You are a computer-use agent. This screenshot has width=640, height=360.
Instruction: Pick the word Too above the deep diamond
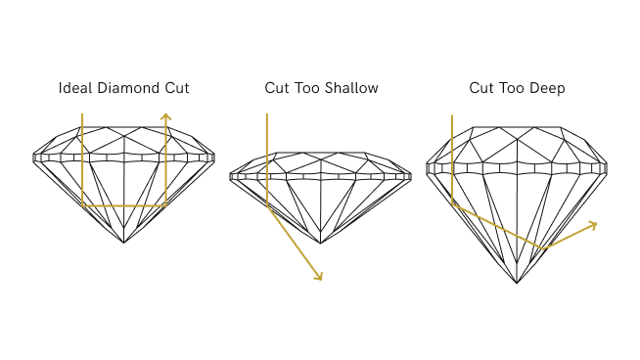[510, 89]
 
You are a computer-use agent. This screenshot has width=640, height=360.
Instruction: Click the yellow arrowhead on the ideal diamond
[166, 117]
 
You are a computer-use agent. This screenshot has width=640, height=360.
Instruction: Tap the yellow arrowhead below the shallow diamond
[317, 276]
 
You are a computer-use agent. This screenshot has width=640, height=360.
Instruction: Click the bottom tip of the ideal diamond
[125, 243]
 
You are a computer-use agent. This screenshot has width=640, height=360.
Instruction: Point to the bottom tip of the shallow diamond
[321, 242]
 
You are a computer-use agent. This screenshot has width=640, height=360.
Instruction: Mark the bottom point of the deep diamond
[517, 284]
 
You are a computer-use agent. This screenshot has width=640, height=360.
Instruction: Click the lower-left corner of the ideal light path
[83, 206]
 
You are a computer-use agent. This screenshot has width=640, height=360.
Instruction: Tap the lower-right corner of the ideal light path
[166, 206]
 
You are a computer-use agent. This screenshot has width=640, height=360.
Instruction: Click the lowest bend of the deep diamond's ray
[544, 247]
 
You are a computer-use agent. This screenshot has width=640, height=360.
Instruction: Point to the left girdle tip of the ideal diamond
[34, 156]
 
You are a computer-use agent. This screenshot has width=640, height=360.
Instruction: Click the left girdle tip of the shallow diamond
[231, 177]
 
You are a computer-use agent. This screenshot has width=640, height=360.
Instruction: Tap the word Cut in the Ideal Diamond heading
[174, 89]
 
